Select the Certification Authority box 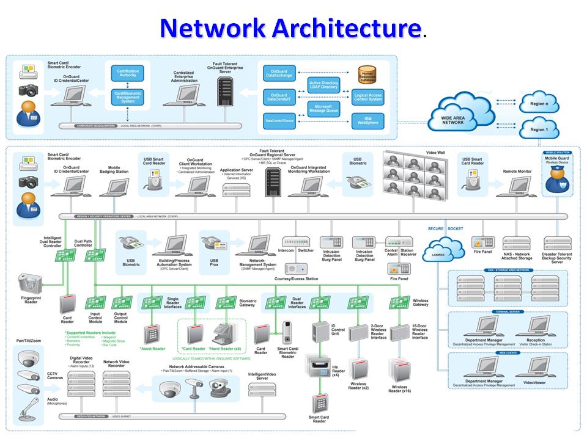point(128,74)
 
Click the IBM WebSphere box point(367,120)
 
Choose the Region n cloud point(538,101)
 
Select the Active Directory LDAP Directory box point(323,85)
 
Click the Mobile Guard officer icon point(557,178)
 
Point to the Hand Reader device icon point(226,334)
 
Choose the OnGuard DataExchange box point(279,74)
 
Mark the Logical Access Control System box point(367,98)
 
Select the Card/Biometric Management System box point(128,97)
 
